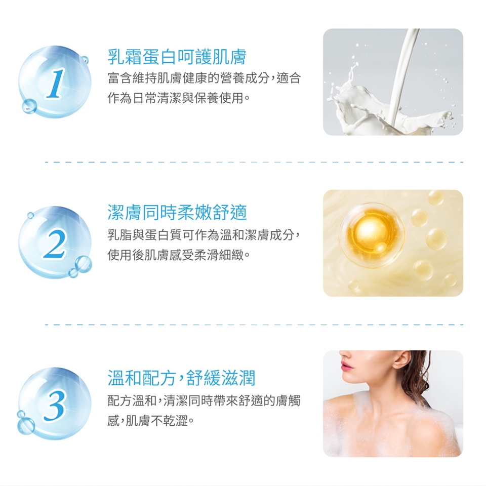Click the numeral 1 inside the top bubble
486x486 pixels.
point(56,84)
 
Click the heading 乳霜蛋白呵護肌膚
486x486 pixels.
point(177,57)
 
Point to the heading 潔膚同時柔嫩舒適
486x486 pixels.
point(177,212)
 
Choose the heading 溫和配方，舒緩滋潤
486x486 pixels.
point(181,378)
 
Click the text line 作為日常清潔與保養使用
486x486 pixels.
point(179,99)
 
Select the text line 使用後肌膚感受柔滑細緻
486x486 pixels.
point(179,255)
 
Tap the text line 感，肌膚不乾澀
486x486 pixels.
point(151,421)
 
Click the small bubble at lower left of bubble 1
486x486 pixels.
point(29,106)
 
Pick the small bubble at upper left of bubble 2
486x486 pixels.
point(30,215)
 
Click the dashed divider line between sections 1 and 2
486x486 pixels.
point(254,162)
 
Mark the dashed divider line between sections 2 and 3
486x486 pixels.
point(254,325)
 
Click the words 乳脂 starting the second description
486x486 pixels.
point(119,235)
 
